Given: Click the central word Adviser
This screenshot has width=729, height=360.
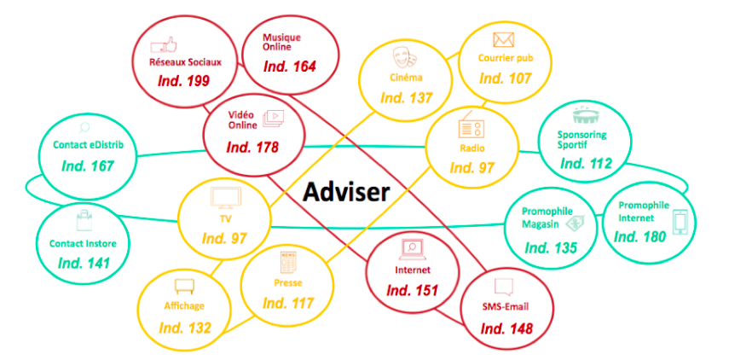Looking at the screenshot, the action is [x=346, y=193].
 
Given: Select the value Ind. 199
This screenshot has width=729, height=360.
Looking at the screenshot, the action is [x=183, y=80].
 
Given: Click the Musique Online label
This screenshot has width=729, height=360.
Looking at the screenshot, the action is [x=281, y=42].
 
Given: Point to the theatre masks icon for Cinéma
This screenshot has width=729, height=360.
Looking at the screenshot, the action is [x=404, y=57].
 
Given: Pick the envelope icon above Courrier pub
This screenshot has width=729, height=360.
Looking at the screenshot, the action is [x=503, y=40].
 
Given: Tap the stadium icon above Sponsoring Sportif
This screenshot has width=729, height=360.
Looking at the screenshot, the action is [x=584, y=116].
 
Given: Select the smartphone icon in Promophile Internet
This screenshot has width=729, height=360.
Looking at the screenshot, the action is [x=680, y=223].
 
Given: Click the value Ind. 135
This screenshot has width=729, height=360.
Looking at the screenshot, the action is [x=551, y=248].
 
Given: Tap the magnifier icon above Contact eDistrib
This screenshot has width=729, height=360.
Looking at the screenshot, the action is [x=84, y=127].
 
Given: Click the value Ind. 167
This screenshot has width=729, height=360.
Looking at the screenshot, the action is [x=88, y=165].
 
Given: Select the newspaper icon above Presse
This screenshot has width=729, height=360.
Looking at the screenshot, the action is [x=286, y=263].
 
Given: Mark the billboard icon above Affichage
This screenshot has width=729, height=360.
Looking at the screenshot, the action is [x=184, y=287].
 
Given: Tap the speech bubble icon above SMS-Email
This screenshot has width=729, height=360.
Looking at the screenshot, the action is [x=504, y=287].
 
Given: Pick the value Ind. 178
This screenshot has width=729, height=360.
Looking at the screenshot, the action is [x=252, y=148].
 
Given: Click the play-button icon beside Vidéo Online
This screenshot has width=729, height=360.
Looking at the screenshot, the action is [x=274, y=118].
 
